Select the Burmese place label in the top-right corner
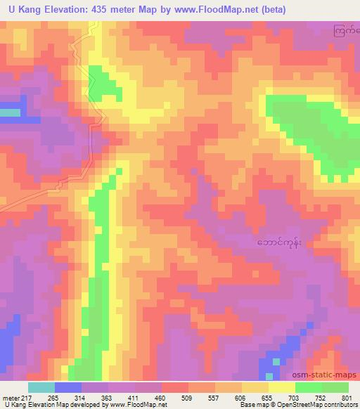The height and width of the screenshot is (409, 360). (x=347, y=31)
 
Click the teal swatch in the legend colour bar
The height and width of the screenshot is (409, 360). (x=41, y=387)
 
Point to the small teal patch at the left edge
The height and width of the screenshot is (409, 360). (x=9, y=112)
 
